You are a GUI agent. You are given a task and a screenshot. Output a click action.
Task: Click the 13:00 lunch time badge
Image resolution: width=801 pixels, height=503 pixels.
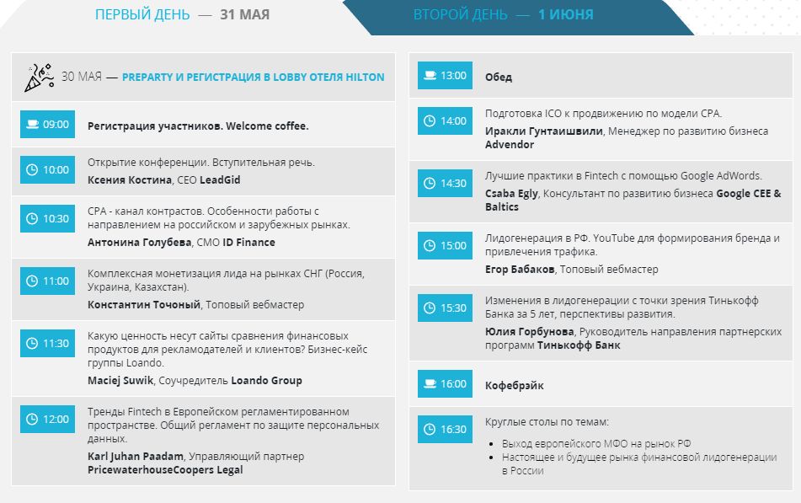point(445,76)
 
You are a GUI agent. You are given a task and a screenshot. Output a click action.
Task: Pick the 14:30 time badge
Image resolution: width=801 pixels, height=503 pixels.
point(445,183)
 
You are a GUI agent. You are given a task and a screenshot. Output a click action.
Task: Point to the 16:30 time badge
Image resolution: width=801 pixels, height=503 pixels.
point(445,429)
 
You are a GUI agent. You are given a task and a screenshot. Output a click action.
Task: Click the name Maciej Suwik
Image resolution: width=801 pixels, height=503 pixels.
point(121,380)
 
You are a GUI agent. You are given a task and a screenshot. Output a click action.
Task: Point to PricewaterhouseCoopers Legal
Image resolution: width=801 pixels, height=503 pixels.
point(165,469)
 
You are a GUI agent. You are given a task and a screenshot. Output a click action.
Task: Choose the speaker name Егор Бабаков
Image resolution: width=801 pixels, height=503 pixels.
point(520,270)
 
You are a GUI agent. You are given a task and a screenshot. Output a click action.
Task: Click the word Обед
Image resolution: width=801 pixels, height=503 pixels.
point(498,78)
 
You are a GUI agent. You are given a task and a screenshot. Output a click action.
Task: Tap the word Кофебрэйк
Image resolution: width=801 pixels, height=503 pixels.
point(515,385)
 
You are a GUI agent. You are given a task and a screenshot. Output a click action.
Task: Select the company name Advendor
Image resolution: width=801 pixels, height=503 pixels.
point(510,145)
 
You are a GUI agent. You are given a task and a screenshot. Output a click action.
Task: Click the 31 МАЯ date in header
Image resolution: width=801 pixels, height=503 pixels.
point(245,15)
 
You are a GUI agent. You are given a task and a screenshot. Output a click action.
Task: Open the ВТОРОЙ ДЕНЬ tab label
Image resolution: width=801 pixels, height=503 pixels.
point(461,15)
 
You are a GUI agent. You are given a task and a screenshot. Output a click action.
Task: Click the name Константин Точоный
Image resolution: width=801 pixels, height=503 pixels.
point(144,304)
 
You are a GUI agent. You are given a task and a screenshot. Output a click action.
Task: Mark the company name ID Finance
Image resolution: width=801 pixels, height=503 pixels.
point(248,242)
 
